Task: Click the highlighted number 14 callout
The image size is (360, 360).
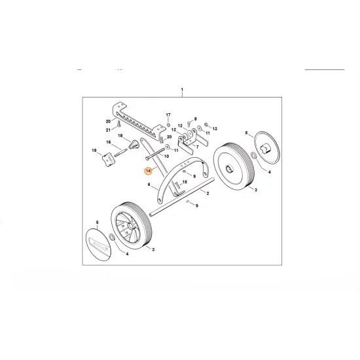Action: coord(149,171)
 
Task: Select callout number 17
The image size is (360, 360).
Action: coord(168,114)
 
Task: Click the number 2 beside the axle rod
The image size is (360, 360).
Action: coord(207,194)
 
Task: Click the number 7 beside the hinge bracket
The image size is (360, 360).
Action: coord(197,147)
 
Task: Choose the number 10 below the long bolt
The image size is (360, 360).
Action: coord(166,157)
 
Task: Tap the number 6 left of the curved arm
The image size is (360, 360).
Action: coord(149,185)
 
